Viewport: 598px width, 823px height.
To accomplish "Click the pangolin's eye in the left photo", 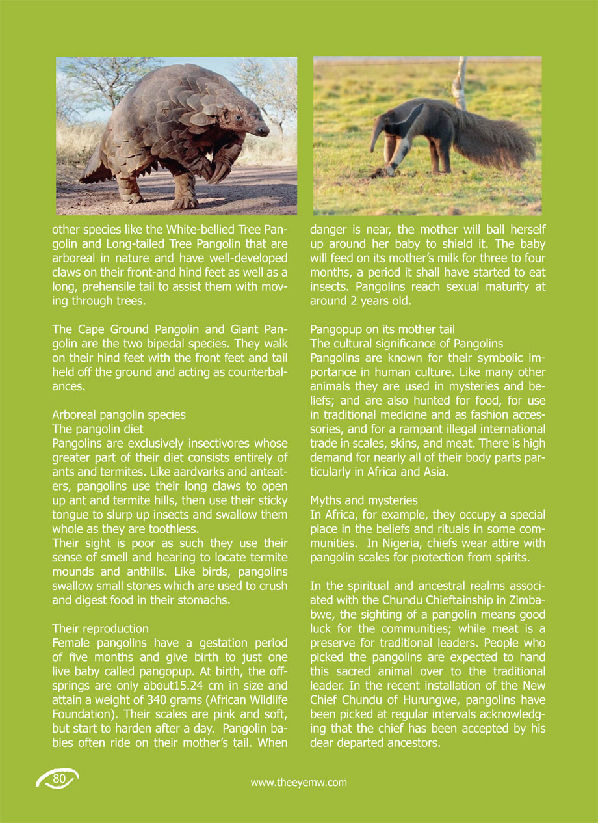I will click(x=238, y=118).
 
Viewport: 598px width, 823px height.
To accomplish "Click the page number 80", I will click(x=59, y=779).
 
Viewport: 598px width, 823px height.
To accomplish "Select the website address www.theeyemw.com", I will click(x=299, y=783).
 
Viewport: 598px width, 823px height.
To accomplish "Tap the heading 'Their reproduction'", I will click(x=100, y=629).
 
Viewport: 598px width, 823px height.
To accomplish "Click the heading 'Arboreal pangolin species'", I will click(x=118, y=414).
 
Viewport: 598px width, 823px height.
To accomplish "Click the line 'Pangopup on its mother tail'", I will click(x=382, y=329).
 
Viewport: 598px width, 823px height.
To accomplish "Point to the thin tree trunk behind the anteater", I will click(x=460, y=81).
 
